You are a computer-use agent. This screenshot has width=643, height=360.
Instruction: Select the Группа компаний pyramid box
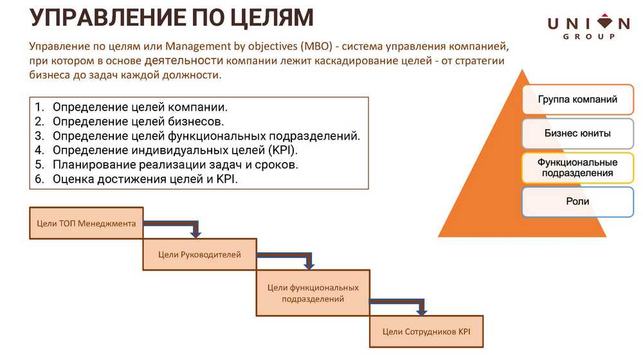[x=577, y=100]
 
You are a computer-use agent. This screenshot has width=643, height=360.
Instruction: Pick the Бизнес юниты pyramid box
[x=577, y=134]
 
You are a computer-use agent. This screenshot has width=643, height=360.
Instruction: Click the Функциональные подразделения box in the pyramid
[x=577, y=168]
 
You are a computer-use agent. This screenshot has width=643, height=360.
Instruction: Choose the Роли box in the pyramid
[x=577, y=202]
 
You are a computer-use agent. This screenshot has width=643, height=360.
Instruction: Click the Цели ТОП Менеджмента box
[x=86, y=223]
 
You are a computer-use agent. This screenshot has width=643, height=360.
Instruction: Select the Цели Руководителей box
[x=199, y=255]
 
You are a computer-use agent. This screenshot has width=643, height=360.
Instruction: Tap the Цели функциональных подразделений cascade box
[x=312, y=293]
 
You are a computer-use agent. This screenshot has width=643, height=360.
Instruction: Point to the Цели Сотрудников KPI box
[x=426, y=332]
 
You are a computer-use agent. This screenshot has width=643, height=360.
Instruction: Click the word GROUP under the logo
[x=588, y=37]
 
